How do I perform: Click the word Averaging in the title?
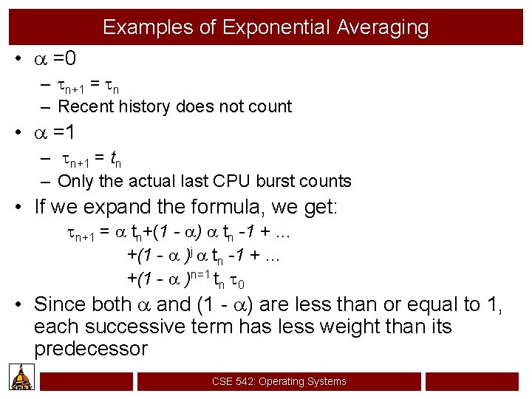point(382,28)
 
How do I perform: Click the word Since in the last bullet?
point(61,304)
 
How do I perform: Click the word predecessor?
point(91,349)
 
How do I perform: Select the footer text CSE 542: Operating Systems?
point(279,381)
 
